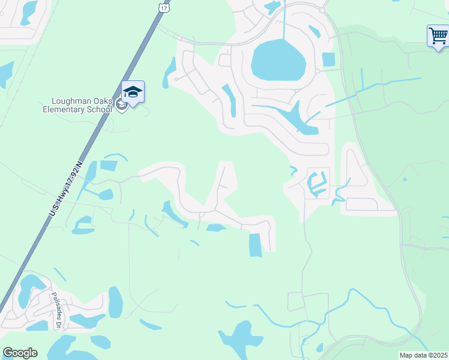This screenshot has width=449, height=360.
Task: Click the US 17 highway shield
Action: click(x=164, y=7)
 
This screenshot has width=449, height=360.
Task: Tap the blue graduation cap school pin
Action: click(x=133, y=92)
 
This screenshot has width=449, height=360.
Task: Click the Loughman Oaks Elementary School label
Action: click(x=77, y=106)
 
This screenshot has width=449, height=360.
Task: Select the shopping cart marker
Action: click(x=438, y=36)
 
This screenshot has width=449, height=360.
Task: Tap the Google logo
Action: click(x=20, y=353)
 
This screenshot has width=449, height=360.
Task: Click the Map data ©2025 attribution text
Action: click(x=423, y=355)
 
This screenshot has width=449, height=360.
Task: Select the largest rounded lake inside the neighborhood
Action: click(x=279, y=60)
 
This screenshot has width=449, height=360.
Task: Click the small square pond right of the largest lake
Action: click(x=328, y=59)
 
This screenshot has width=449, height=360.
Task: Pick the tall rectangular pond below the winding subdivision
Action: click(x=255, y=245)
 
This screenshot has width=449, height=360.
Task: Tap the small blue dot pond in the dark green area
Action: click(x=405, y=179)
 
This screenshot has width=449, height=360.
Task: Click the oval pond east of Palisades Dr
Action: click(x=115, y=302)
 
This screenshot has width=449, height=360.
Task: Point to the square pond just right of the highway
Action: click(x=109, y=166)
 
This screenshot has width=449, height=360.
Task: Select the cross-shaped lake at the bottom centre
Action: click(x=240, y=340)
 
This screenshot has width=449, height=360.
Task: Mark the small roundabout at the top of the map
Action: click(x=322, y=10)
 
